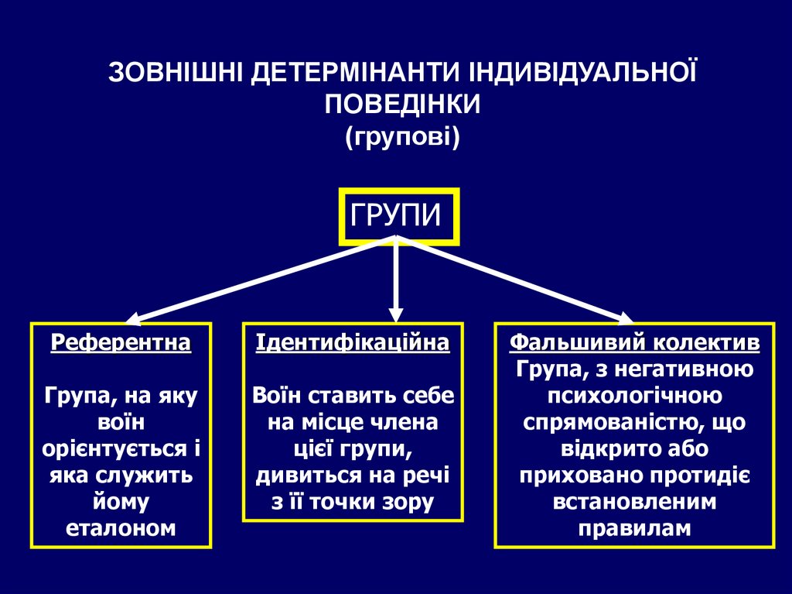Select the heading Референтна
pyautogui.click(x=121, y=342)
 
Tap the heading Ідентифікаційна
pyautogui.click(x=353, y=342)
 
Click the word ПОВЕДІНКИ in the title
pyautogui.click(x=402, y=104)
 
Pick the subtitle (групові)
pyautogui.click(x=402, y=137)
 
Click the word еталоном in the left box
pyautogui.click(x=121, y=529)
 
